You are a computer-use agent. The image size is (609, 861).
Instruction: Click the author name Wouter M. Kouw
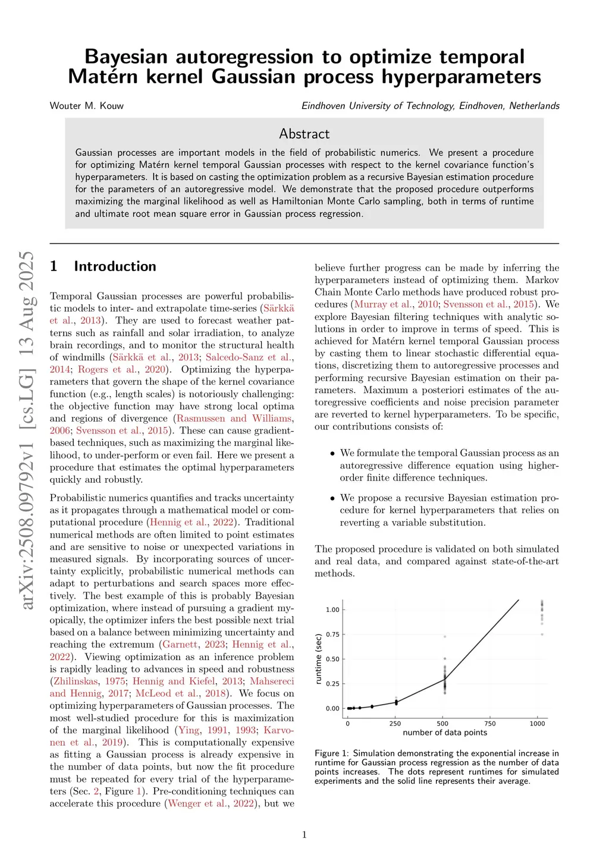pos(87,106)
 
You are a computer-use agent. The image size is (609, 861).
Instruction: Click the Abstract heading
pos(304,134)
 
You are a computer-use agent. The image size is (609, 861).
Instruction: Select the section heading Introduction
pos(115,266)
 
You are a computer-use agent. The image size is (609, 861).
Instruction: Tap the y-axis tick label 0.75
pos(332,634)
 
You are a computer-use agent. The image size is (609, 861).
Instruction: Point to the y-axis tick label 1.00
pos(332,610)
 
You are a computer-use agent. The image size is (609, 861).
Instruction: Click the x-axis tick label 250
pos(395,724)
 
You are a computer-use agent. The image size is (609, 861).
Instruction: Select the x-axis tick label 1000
pos(537,724)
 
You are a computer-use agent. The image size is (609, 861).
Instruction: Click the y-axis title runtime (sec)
pos(319,659)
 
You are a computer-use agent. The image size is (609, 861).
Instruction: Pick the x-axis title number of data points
pos(445,733)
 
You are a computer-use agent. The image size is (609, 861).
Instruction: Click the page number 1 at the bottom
pos(304,835)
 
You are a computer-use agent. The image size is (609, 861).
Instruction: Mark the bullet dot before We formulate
pos(332,454)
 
